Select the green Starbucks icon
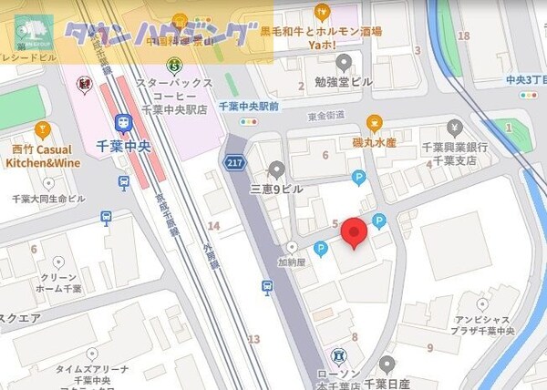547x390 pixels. (174, 65)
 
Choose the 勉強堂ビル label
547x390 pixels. (344, 82)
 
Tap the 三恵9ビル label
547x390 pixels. (275, 189)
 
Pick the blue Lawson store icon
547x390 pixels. (339, 354)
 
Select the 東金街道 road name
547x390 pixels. (327, 115)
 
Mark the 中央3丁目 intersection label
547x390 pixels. (525, 79)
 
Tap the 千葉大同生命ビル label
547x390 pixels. (47, 199)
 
